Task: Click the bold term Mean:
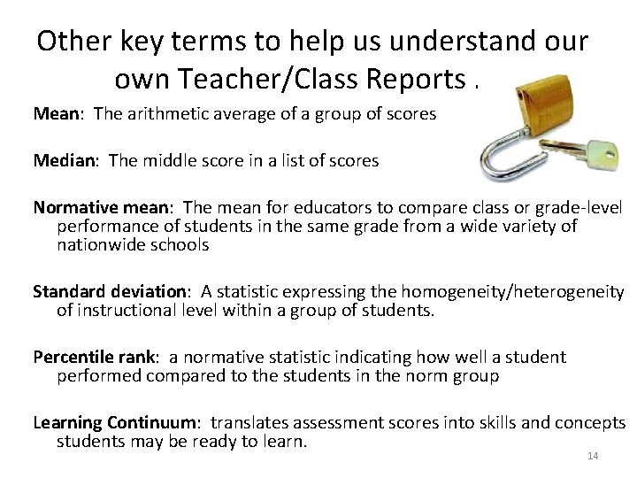[x=55, y=115]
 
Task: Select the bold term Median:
[x=65, y=160]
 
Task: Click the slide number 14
[x=593, y=457]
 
